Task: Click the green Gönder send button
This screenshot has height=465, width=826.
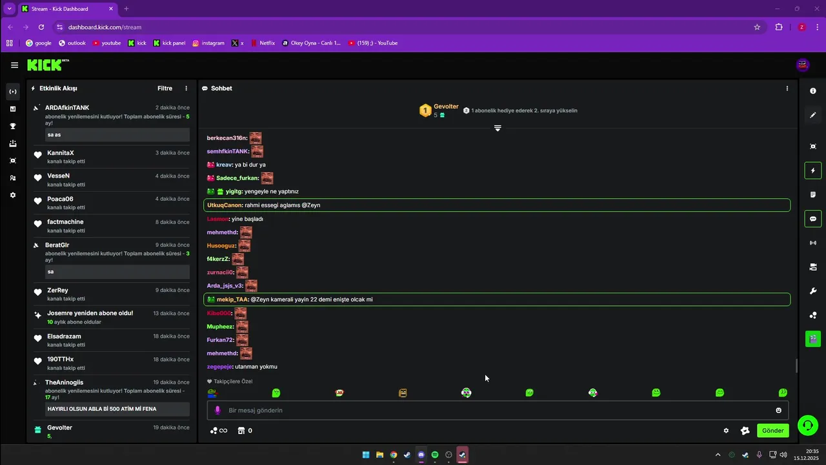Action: click(772, 430)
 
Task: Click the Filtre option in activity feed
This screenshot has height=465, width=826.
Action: click(165, 88)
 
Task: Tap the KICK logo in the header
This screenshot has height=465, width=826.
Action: click(48, 65)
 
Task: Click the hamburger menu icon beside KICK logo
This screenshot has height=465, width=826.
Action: click(14, 65)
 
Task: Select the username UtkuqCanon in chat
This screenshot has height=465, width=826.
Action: click(224, 205)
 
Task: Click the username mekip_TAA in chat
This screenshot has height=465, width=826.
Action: click(232, 299)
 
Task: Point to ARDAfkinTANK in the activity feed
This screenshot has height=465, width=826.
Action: click(67, 108)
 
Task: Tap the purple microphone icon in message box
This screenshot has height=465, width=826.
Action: click(217, 410)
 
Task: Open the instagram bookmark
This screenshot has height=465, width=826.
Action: click(208, 43)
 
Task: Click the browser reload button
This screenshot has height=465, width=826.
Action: click(41, 27)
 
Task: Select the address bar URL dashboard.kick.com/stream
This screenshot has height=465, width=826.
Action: click(105, 27)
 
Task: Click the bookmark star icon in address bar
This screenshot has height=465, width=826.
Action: click(757, 27)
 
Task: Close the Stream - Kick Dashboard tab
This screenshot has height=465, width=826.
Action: click(111, 8)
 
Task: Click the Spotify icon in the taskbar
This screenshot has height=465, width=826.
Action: click(435, 455)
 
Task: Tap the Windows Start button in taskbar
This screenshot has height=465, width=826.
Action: click(366, 455)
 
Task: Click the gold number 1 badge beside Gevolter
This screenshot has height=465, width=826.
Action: click(425, 110)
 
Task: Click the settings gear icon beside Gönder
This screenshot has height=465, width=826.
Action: click(726, 430)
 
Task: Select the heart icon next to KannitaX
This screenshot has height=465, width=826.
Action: click(37, 155)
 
